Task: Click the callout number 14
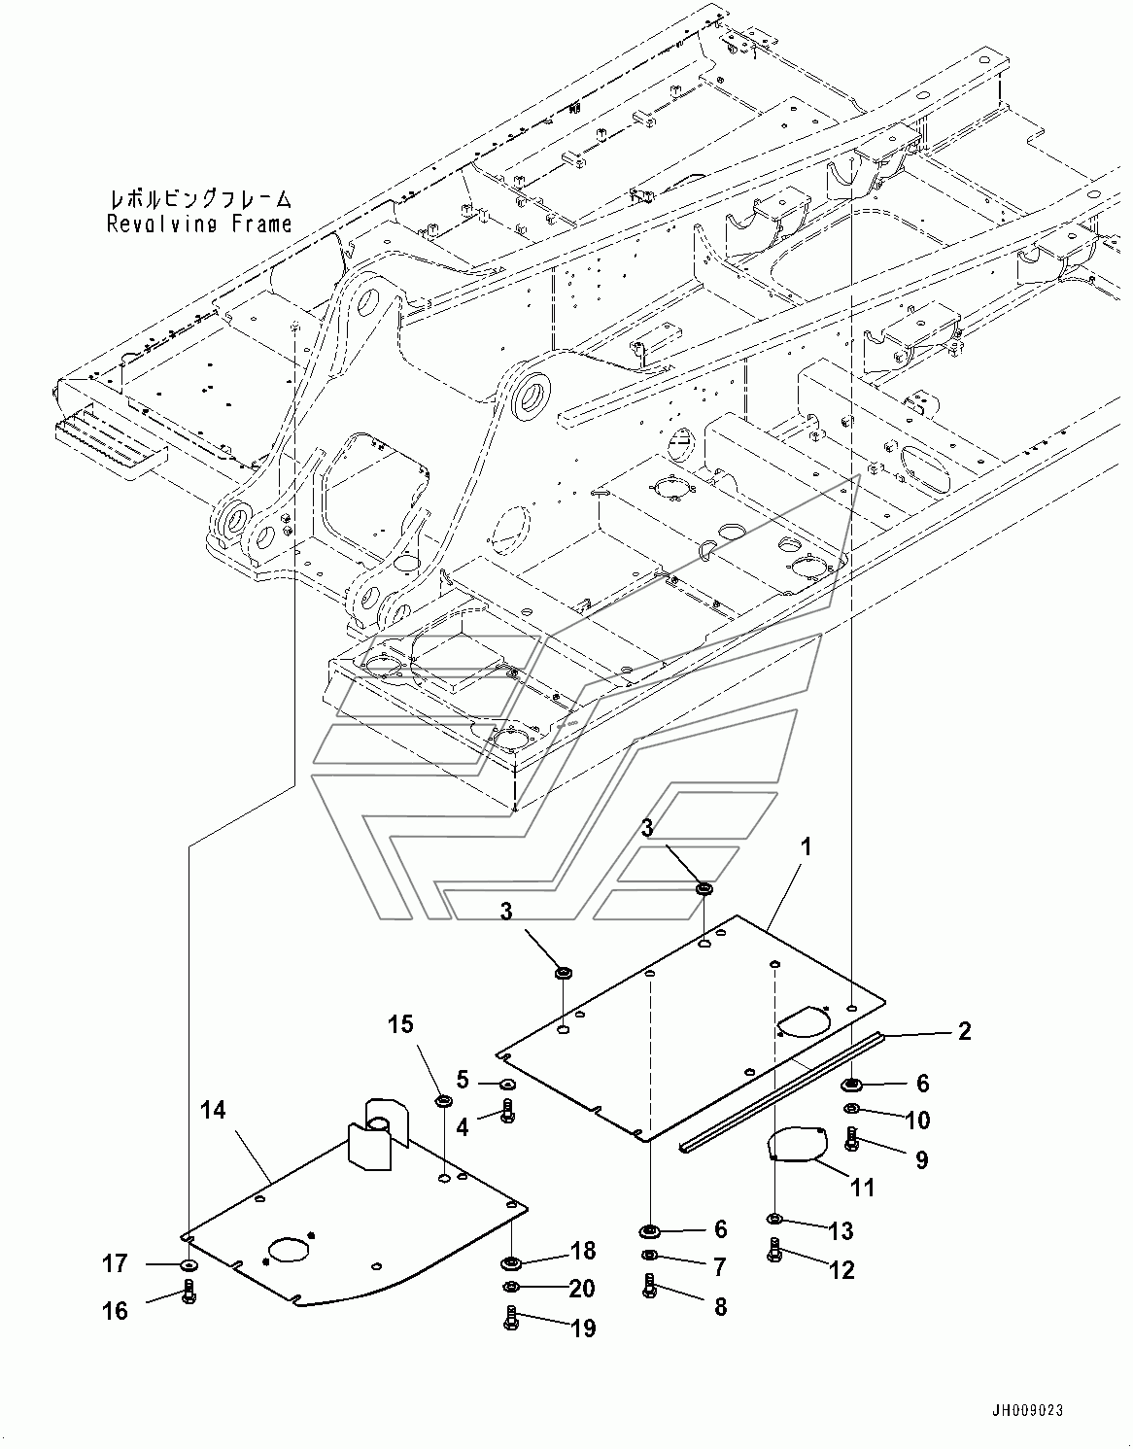tap(213, 1110)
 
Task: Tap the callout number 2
tap(964, 1031)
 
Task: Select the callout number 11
tap(863, 1188)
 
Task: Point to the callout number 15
tap(400, 1024)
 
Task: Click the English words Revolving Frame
tap(199, 224)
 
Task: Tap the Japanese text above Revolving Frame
tap(200, 198)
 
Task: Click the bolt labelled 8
tap(649, 1286)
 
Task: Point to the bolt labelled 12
tap(773, 1249)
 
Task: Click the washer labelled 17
tap(189, 1264)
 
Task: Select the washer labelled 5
tap(506, 1082)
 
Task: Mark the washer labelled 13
tap(773, 1219)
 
